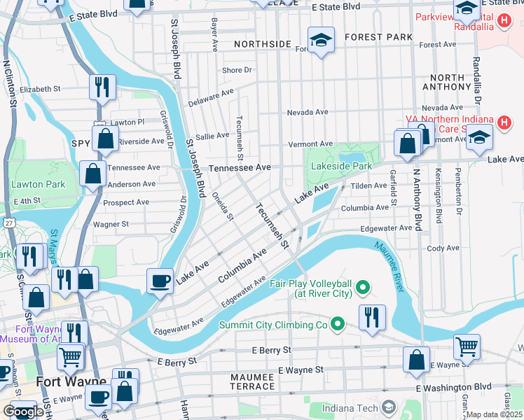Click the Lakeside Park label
[x=343, y=167]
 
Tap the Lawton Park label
[x=38, y=185]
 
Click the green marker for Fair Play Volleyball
[x=363, y=287]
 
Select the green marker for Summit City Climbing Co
[x=338, y=324]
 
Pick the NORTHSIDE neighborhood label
[x=263, y=44]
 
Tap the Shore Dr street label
[x=236, y=70]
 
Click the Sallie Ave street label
[x=212, y=136]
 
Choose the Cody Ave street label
[x=443, y=248]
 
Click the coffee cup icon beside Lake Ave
[x=160, y=281]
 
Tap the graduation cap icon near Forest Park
[x=321, y=40]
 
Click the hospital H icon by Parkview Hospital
[x=503, y=21]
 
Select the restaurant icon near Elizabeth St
[x=102, y=87]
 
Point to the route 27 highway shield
[x=9, y=222]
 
